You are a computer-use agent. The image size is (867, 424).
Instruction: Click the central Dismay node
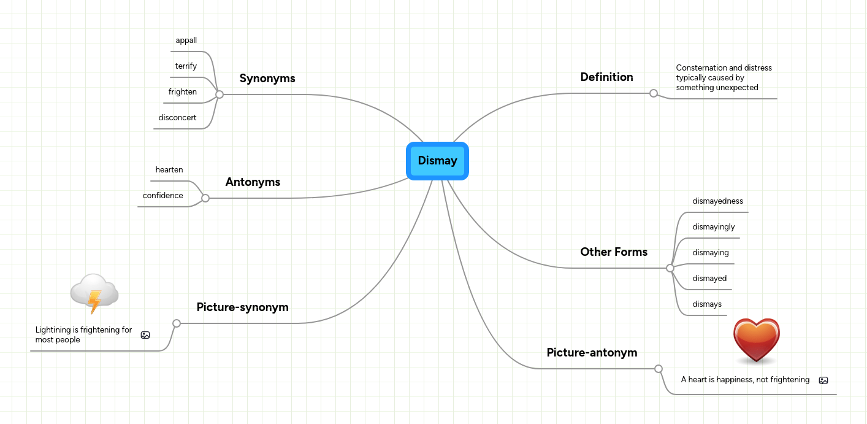pyautogui.click(x=437, y=161)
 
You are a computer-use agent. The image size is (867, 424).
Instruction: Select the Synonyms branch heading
pyautogui.click(x=267, y=79)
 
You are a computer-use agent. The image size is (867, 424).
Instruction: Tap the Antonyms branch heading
pyautogui.click(x=253, y=182)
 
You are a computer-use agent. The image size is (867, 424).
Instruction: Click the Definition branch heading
pyautogui.click(x=606, y=77)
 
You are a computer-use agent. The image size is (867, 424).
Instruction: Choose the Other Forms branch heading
pyautogui.click(x=614, y=252)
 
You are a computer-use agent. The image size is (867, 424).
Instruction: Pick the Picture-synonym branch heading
pyautogui.click(x=242, y=307)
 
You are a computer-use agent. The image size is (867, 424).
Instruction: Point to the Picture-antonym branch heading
pyautogui.click(x=592, y=353)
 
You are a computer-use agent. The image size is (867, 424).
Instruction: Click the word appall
pyautogui.click(x=186, y=40)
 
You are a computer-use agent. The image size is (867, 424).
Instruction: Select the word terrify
pyautogui.click(x=186, y=66)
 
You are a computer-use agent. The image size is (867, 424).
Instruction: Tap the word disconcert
pyautogui.click(x=177, y=118)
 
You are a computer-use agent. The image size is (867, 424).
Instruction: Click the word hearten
pyautogui.click(x=169, y=170)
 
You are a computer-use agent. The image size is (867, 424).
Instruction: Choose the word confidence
pyautogui.click(x=162, y=196)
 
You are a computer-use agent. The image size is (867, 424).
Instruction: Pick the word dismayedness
pyautogui.click(x=717, y=201)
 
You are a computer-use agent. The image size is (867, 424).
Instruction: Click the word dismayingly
pyautogui.click(x=714, y=227)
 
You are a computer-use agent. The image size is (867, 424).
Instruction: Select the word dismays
pyautogui.click(x=707, y=304)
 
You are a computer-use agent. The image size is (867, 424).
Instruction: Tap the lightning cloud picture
pyautogui.click(x=94, y=293)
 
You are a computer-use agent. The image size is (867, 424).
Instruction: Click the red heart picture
pyautogui.click(x=757, y=340)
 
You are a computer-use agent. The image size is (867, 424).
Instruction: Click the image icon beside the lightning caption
pyautogui.click(x=145, y=335)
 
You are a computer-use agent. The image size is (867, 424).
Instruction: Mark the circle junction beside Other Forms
pyautogui.click(x=670, y=268)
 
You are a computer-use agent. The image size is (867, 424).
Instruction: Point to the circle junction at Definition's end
pyautogui.click(x=654, y=93)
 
